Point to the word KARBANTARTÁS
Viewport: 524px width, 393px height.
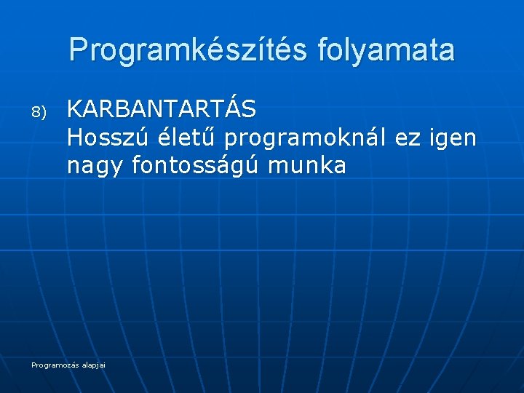coord(161,109)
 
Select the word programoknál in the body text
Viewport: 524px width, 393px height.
coord(306,138)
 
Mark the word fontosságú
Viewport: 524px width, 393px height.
coord(196,165)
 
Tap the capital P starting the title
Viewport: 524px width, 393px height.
coord(79,49)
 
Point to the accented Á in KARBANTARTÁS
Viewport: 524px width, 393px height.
coord(231,108)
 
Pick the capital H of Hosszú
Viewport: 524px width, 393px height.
coord(74,137)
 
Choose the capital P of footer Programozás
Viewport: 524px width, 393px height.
coord(33,364)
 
